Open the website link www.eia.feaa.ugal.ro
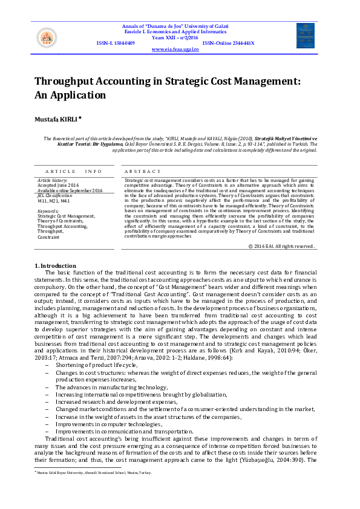175,49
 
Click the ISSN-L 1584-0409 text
116,43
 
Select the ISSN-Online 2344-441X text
228,43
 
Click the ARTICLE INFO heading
74,171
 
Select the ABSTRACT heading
143,171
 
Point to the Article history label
53,181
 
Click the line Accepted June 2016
58,186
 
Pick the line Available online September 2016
70,190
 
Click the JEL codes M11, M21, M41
53,200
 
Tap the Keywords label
48,210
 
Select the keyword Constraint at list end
48,237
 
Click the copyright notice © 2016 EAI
281,246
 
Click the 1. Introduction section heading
55,266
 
